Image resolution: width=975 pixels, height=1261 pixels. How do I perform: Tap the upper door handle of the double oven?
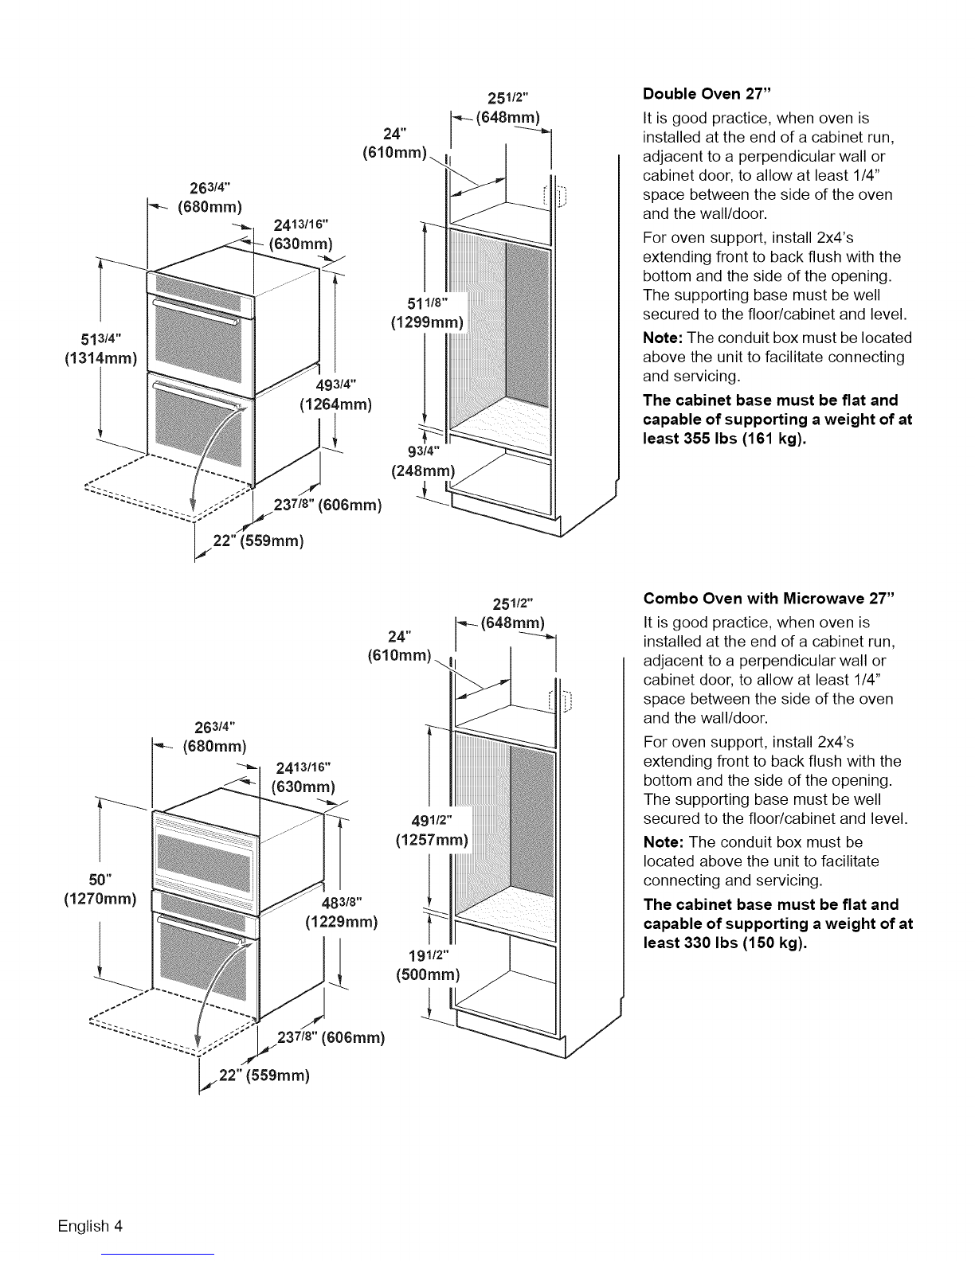click(195, 311)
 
